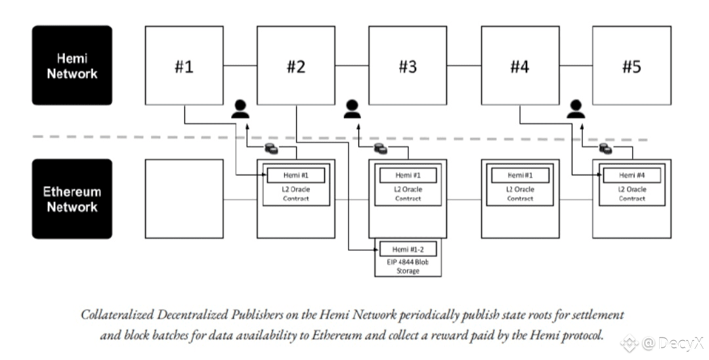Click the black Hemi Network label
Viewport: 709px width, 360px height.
(x=72, y=66)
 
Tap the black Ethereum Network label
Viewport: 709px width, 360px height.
(x=72, y=199)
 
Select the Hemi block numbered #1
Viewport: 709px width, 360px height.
(x=184, y=66)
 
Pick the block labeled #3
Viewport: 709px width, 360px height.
(x=408, y=66)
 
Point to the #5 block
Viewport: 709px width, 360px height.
(x=632, y=66)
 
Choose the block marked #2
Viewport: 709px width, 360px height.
(x=296, y=66)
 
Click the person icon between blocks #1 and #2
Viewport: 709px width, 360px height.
(x=240, y=108)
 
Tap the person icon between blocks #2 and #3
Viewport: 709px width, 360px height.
(x=353, y=108)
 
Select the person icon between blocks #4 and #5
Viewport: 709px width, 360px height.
(x=576, y=108)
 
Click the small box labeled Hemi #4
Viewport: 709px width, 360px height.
(x=632, y=175)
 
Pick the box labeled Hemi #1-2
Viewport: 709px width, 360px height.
(x=408, y=250)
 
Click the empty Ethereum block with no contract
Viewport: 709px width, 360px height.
(x=184, y=198)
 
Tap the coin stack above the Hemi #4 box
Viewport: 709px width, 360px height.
(x=605, y=150)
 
